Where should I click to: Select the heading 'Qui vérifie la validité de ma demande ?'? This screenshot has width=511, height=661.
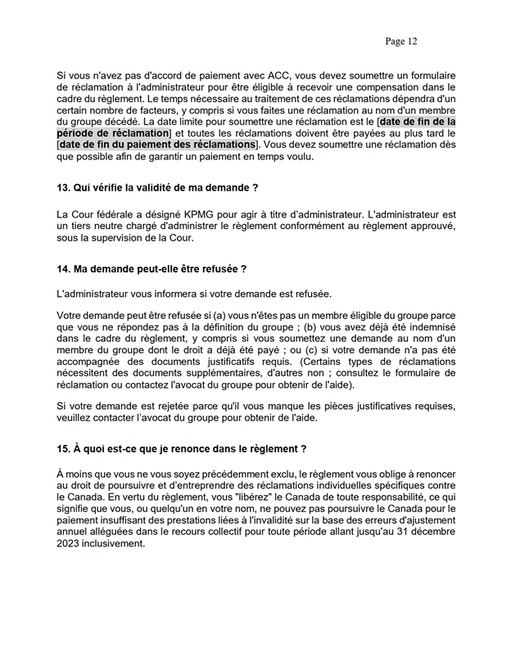[x=151, y=188]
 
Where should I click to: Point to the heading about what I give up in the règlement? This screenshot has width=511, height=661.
[x=181, y=448]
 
